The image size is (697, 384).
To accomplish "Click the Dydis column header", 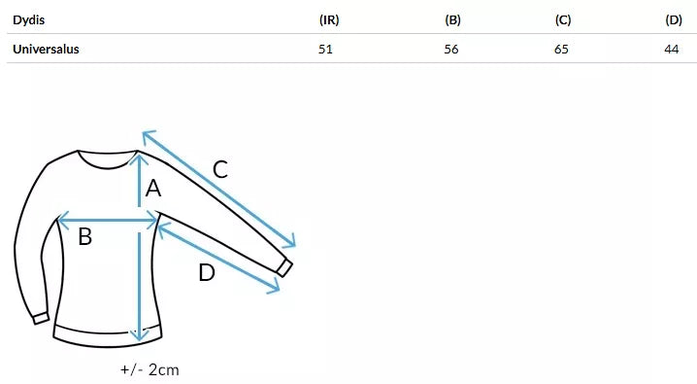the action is point(28,20).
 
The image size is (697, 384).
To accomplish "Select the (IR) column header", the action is point(329,20).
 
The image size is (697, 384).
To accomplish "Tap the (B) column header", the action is point(452,20).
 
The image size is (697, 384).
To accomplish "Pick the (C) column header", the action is point(563,20).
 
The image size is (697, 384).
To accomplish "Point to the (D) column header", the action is point(674,20).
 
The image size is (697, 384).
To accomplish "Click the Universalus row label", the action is point(46,49).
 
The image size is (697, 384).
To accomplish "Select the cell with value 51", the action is point(325,49).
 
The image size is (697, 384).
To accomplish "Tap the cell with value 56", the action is point(451,49).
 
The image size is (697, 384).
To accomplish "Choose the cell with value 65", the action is point(561,49).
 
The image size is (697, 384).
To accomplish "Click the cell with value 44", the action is point(672,49).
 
